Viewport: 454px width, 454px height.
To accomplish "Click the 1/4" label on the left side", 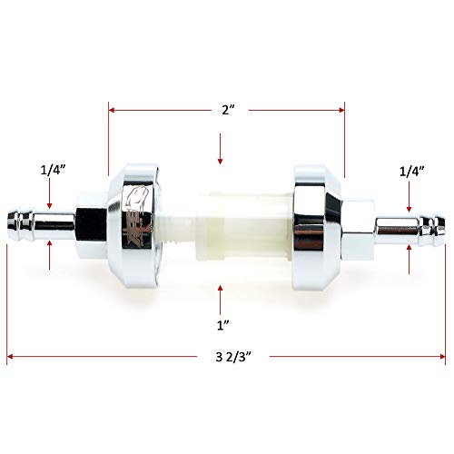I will [x=53, y=168].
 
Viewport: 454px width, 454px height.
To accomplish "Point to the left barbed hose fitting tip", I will [x=20, y=220].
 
